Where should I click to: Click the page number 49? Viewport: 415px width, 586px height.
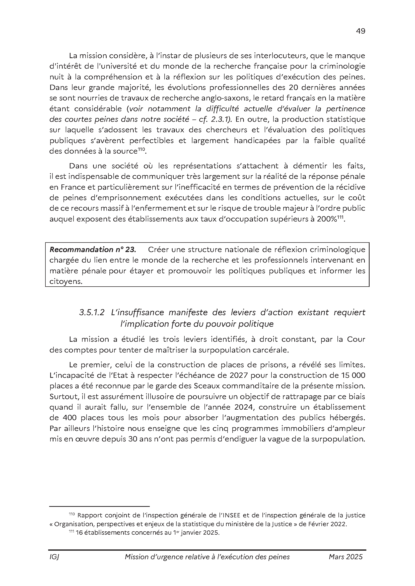pyautogui.click(x=360, y=31)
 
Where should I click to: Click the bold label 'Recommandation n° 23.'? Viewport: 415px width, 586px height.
pyautogui.click(x=93, y=249)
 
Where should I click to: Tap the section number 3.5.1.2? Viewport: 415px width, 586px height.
pyautogui.click(x=92, y=312)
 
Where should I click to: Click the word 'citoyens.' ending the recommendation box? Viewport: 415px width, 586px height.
pyautogui.click(x=66, y=282)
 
